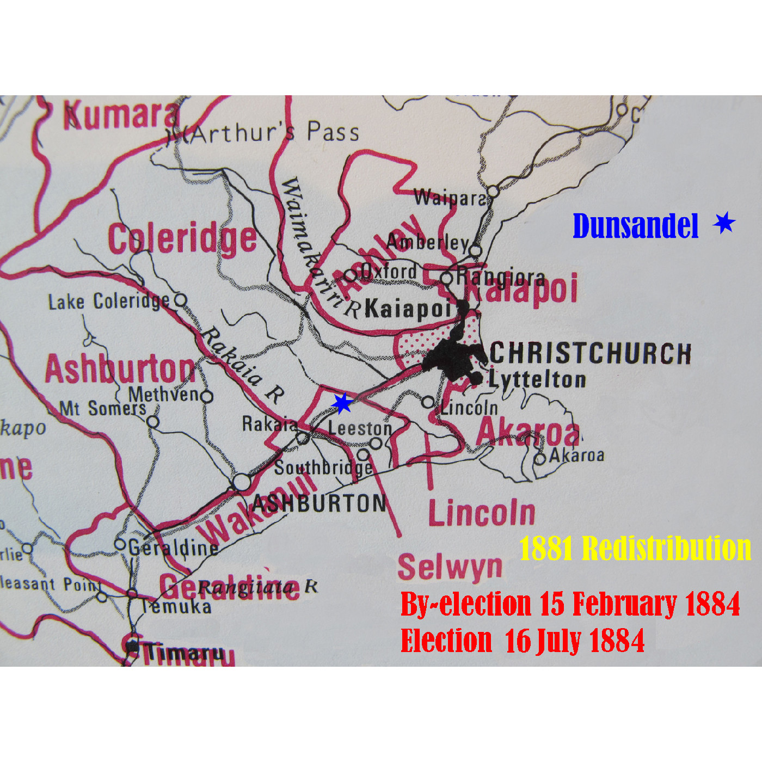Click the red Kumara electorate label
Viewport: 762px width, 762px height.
pyautogui.click(x=121, y=115)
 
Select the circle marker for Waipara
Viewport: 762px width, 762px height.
pyautogui.click(x=493, y=192)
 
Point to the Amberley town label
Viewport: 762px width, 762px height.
pyautogui.click(x=428, y=242)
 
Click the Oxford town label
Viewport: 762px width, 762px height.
pyautogui.click(x=390, y=271)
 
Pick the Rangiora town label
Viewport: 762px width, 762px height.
pyautogui.click(x=500, y=278)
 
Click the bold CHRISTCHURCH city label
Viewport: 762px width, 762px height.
pyautogui.click(x=591, y=353)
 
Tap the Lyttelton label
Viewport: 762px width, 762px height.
pyautogui.click(x=537, y=379)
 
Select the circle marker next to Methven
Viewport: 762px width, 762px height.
pyautogui.click(x=207, y=396)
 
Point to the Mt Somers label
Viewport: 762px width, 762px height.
pyautogui.click(x=103, y=408)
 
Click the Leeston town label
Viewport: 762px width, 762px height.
pyautogui.click(x=360, y=428)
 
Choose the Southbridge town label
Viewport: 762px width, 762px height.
pyautogui.click(x=323, y=468)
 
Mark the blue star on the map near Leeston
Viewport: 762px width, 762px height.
pyautogui.click(x=342, y=404)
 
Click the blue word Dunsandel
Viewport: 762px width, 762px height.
pyautogui.click(x=635, y=226)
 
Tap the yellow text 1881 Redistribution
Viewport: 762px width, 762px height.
pyautogui.click(x=635, y=548)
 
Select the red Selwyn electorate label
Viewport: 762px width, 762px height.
pyautogui.click(x=450, y=568)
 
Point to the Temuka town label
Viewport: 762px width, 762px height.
pyautogui.click(x=176, y=606)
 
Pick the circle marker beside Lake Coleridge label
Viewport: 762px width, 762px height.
pyautogui.click(x=180, y=300)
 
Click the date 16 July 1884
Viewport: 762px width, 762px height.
pyautogui.click(x=575, y=641)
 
